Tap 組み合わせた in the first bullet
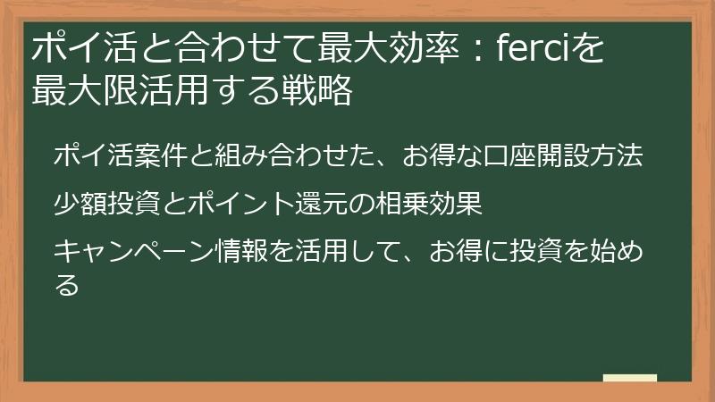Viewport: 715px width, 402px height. pyautogui.click(x=294, y=155)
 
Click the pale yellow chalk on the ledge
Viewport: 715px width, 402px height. pyautogui.click(x=629, y=379)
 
